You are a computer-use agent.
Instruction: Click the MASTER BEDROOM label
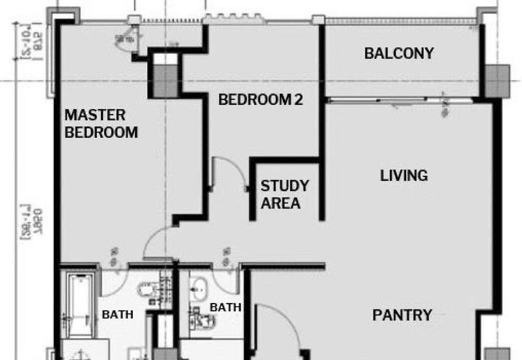tap(101, 124)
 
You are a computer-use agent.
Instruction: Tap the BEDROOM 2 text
tap(261, 100)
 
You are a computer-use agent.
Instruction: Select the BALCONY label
tap(399, 53)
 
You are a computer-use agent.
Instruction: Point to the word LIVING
tap(404, 175)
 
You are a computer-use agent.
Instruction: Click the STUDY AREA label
tap(284, 194)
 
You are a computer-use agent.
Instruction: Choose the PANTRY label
tap(402, 315)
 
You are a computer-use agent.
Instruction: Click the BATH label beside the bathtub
tap(117, 314)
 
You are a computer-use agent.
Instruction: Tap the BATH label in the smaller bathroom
tap(225, 307)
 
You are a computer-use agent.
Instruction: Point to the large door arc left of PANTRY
tap(281, 323)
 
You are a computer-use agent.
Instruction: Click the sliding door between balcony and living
tap(399, 100)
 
